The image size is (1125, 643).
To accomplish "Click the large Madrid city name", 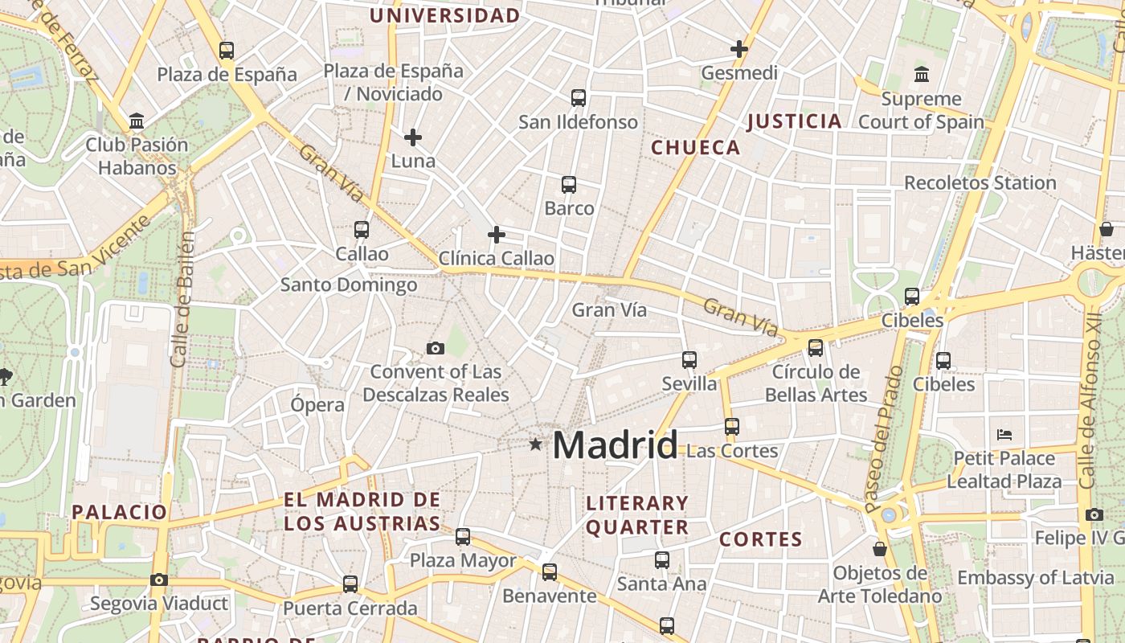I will [x=615, y=444].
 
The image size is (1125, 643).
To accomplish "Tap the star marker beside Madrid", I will [x=535, y=444].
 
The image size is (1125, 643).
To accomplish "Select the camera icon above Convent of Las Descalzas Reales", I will [x=436, y=348].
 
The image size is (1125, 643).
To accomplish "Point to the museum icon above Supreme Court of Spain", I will [x=921, y=75].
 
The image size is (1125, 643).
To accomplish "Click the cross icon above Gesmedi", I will [x=739, y=49].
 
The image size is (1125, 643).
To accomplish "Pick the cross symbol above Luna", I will [x=413, y=137].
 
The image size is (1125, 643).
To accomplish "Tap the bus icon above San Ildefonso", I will [x=578, y=98].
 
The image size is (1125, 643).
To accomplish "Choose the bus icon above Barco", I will [x=569, y=185].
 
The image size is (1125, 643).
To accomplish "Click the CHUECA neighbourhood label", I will [x=695, y=147].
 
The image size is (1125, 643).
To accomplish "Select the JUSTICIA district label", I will [x=794, y=121].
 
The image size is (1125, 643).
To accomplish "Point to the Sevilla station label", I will [x=689, y=383].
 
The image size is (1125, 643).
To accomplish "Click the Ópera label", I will [x=317, y=404].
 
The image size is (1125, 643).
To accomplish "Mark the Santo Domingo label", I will [x=349, y=285].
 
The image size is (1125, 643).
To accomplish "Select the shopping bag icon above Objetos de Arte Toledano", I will [x=880, y=550].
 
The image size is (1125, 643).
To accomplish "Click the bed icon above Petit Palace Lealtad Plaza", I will [x=1004, y=435].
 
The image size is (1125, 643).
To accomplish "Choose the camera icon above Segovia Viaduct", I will [x=159, y=580].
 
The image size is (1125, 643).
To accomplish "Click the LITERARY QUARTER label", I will [x=637, y=515].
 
